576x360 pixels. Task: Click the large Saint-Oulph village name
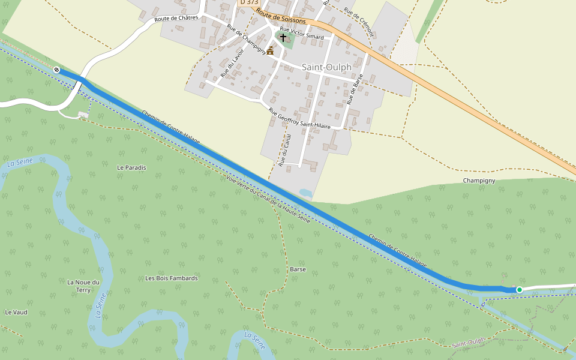326,67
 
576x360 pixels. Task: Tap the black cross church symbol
283,37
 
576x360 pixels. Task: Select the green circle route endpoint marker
520,290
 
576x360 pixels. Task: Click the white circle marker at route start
56,70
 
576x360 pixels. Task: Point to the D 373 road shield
249,2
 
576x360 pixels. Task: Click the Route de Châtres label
176,19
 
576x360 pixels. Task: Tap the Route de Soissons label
280,16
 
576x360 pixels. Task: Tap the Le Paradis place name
131,167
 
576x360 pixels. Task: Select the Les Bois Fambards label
172,278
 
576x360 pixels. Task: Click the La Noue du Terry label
83,286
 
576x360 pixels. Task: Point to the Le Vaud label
16,312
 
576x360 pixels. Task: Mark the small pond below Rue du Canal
305,193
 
